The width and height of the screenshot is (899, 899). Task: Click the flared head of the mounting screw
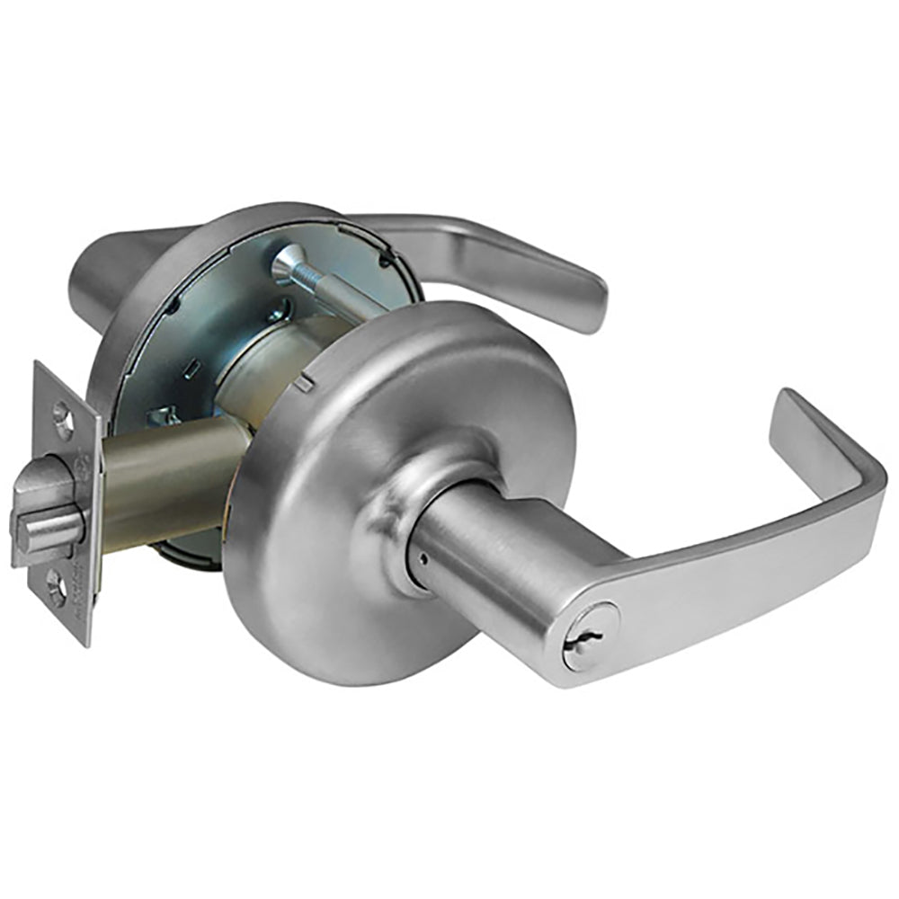285,260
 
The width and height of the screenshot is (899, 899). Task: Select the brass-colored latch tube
166,485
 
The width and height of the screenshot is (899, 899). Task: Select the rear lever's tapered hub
108,270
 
